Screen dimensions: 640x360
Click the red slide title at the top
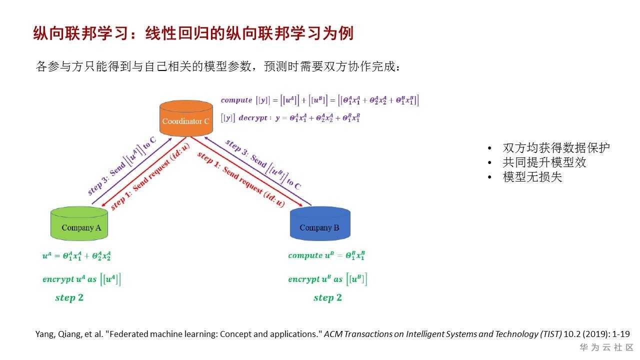click(193, 33)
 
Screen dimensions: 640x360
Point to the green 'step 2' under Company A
click(69, 298)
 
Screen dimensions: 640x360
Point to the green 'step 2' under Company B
click(327, 298)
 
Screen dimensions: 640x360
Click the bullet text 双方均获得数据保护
click(556, 148)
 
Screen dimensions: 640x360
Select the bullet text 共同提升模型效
click(544, 162)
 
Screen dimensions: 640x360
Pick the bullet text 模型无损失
click(532, 177)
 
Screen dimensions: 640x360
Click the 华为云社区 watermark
click(606, 347)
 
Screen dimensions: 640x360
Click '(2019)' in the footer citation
click(596, 334)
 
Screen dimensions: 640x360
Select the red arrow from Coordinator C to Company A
click(145, 172)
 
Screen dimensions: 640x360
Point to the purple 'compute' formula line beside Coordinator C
click(319, 100)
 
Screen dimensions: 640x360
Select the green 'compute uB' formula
click(326, 255)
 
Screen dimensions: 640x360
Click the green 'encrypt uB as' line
click(327, 279)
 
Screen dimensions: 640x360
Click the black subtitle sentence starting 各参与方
click(218, 66)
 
